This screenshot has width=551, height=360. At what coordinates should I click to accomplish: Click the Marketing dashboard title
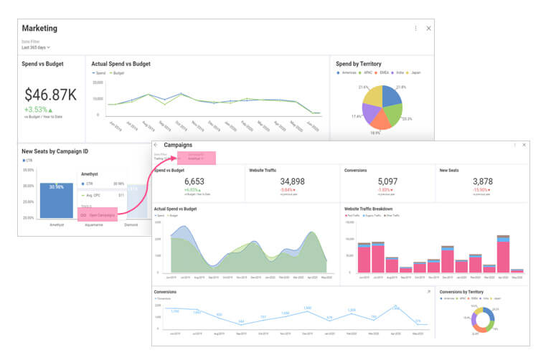point(39,29)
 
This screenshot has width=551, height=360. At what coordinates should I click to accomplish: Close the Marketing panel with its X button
point(428,28)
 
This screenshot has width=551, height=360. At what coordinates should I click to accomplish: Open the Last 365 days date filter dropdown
point(36,47)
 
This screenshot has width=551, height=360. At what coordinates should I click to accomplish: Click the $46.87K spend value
point(50,95)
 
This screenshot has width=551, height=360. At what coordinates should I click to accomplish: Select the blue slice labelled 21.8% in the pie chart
point(392,97)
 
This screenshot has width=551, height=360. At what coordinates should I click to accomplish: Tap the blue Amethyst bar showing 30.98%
point(56,200)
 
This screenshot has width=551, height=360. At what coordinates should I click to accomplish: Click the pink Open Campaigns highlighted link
point(98,214)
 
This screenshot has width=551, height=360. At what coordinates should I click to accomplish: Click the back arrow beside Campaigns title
point(157,146)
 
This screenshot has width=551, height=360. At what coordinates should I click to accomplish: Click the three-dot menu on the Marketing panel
point(415,28)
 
